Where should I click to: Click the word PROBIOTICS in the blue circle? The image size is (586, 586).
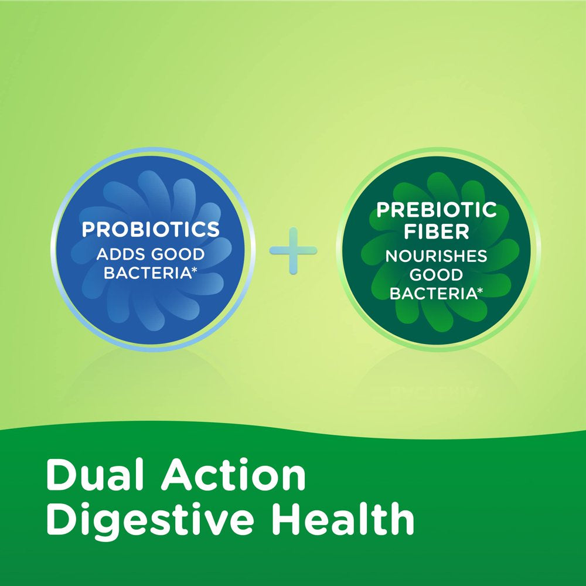coord(151,229)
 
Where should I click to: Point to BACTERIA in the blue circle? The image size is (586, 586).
coord(147,274)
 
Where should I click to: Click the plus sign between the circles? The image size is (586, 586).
coord(293,251)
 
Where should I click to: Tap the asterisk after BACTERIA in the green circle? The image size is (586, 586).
coord(479,290)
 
